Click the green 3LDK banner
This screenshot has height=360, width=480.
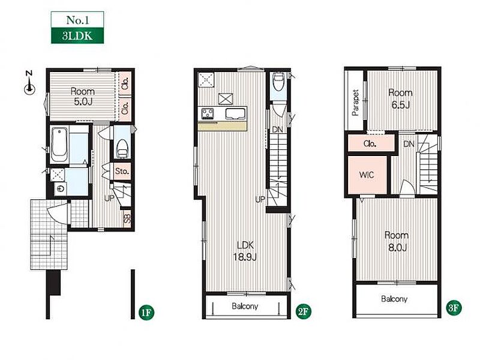tap(77, 35)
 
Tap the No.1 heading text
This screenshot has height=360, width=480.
tap(77, 20)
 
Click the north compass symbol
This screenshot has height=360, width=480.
tap(29, 83)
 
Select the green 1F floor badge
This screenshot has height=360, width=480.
tap(146, 312)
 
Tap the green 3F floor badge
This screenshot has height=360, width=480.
tap(454, 308)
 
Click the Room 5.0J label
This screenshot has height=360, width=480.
tap(83, 97)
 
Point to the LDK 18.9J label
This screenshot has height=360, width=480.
tap(245, 251)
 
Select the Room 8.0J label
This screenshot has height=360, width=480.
tap(397, 241)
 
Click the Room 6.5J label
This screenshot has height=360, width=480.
tap(400, 99)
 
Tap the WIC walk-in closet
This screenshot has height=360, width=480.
tap(367, 175)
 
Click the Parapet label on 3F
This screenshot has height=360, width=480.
tap(355, 103)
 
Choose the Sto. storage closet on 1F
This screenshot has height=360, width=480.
tap(122, 171)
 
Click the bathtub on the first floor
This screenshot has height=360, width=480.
tap(59, 145)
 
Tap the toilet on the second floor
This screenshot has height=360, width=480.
tap(278, 81)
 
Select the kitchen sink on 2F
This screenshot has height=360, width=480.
tap(235, 114)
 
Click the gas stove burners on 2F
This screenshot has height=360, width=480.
tap(207, 114)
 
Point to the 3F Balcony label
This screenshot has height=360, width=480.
tap(394, 299)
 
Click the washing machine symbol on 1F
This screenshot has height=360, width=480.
tap(61, 188)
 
